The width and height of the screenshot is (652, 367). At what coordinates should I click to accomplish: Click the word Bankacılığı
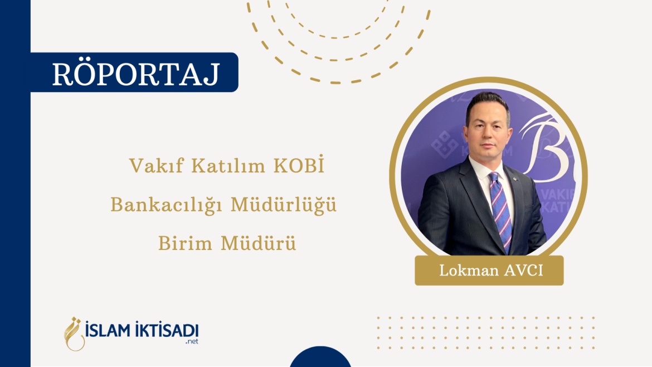click(x=167, y=205)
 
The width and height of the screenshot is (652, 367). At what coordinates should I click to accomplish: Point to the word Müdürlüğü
click(x=284, y=205)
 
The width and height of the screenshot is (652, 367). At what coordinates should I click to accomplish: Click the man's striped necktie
click(x=499, y=206)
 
